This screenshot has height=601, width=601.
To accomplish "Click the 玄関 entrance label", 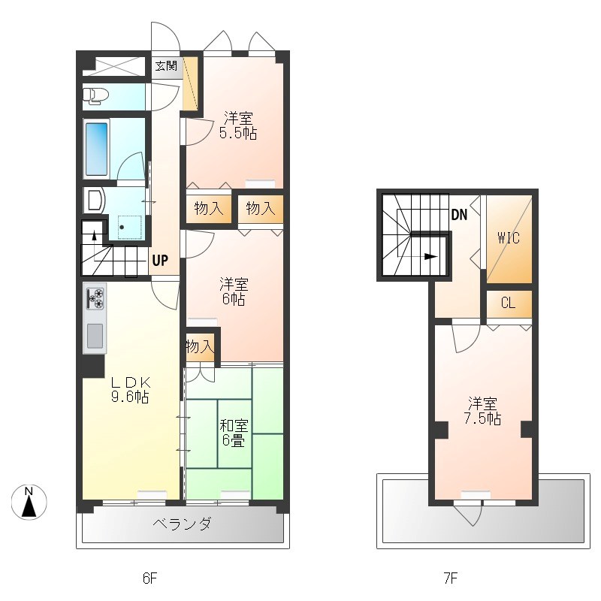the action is click(x=166, y=66).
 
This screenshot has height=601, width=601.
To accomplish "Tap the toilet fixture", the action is click(x=95, y=95).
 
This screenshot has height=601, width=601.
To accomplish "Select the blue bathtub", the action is click(x=96, y=149).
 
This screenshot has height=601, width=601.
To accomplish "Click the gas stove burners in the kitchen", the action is click(x=95, y=298).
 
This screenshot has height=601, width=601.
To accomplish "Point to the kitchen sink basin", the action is click(x=95, y=336).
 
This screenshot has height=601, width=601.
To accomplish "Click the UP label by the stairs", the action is click(x=160, y=261).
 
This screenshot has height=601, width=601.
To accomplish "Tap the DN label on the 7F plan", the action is click(x=459, y=215).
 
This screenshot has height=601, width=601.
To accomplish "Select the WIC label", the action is click(x=509, y=238).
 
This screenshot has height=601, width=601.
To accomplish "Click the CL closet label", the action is click(x=509, y=304).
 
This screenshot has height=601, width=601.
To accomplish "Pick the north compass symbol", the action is click(x=29, y=502).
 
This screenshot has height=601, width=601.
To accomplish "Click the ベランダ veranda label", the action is click(x=182, y=524).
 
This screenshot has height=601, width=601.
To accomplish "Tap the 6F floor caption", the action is click(x=149, y=578).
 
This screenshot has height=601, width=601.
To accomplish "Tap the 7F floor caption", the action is click(x=451, y=578).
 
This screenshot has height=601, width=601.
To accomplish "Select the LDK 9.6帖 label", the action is click(x=130, y=389).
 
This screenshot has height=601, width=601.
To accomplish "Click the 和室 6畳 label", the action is click(x=234, y=433).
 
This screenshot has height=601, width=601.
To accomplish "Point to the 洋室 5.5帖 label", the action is click(x=238, y=125).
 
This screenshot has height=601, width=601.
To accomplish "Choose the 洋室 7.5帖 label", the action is click(x=482, y=411).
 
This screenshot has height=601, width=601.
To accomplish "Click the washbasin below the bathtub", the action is click(x=95, y=200).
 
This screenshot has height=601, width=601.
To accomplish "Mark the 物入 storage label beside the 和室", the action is click(x=200, y=346).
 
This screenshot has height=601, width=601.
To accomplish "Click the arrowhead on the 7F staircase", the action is click(x=431, y=256).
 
